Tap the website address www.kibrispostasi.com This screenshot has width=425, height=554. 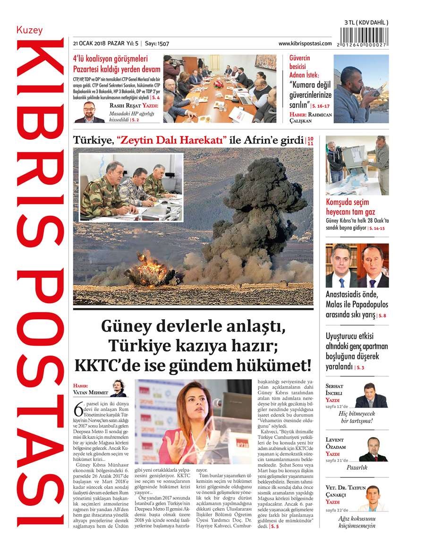[305, 43]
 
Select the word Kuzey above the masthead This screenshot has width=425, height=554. [29, 30]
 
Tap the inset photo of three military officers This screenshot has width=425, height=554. [131, 186]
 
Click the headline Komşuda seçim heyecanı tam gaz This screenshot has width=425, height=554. [350, 207]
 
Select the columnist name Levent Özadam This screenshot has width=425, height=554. [336, 443]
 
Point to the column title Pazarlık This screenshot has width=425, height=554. [357, 468]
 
